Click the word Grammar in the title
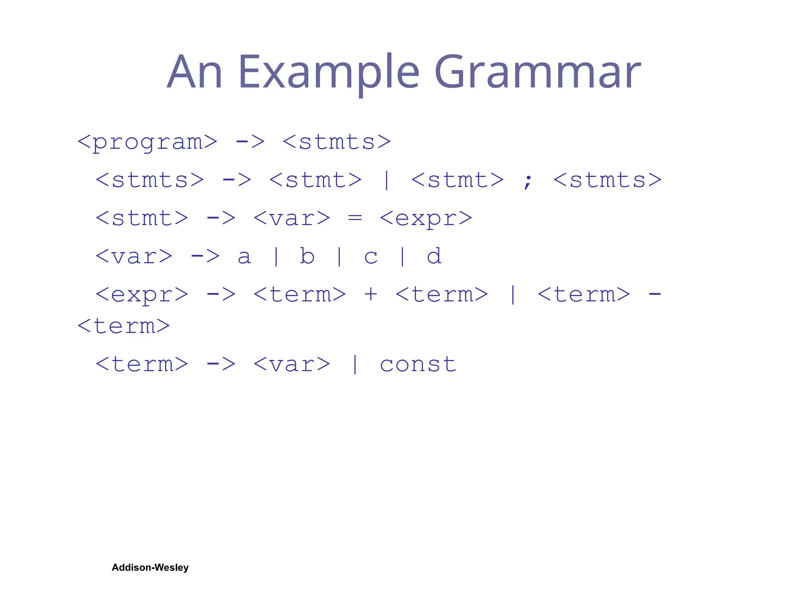pos(537,72)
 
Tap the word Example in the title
pos(329,72)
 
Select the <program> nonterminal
pos(147,142)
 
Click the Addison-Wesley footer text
pos(150,567)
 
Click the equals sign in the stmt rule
pos(355,218)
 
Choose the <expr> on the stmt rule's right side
pos(426,219)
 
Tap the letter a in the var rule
pos(244,257)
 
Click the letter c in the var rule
pos(371,257)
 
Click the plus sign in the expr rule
pos(371,294)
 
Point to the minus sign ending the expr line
pos(655,294)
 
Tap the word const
pos(418,364)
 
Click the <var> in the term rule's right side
pos(292,364)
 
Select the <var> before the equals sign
pos(292,219)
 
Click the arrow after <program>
pos(250,142)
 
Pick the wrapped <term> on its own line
pos(124,326)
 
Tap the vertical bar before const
pos(355,364)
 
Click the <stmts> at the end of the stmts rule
pos(607,180)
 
